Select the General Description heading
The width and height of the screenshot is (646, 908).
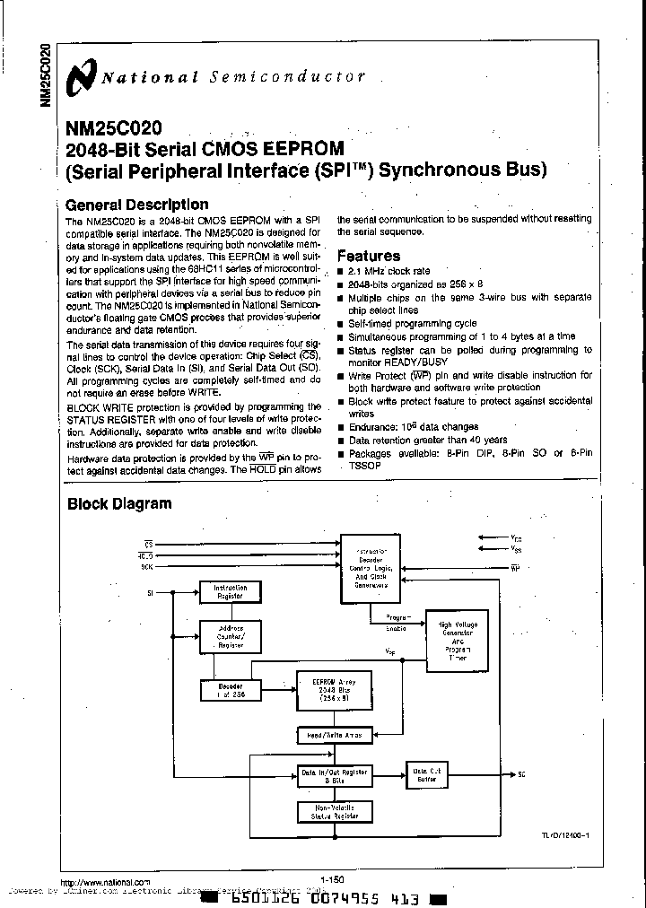coord(137,205)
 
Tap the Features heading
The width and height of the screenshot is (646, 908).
coord(368,256)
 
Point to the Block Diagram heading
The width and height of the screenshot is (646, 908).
coord(119,503)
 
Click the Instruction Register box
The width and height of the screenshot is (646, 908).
coord(229,591)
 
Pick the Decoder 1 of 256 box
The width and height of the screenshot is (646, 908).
coord(230,690)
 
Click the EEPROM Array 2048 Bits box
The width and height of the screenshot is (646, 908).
coord(335,690)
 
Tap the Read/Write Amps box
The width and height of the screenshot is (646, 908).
coord(335,736)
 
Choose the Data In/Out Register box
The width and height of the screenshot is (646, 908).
coord(335,774)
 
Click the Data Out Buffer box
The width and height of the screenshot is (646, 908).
coord(426,774)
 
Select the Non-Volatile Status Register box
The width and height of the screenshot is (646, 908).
coord(335,812)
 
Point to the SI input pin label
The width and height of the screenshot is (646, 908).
coord(150,593)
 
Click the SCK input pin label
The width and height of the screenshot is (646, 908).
coord(146,568)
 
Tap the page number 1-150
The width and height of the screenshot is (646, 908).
coord(331,880)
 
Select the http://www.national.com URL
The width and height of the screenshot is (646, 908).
coord(105,883)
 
